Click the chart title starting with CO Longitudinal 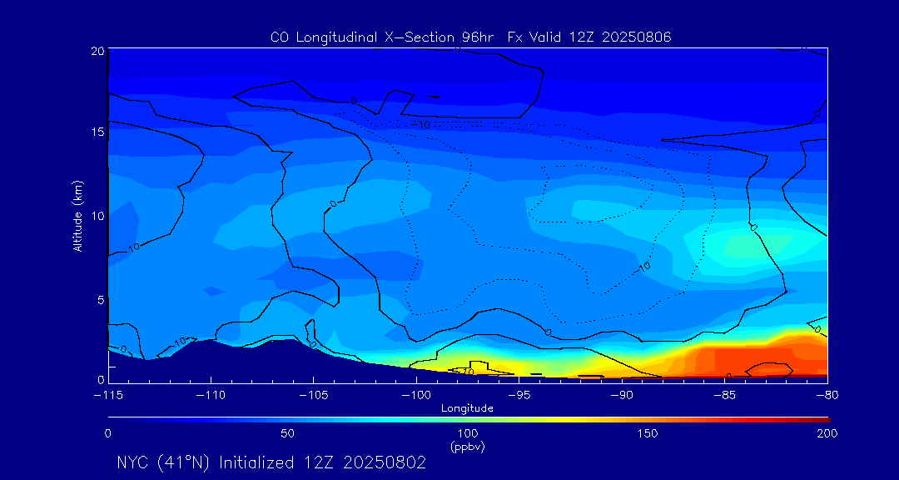[470, 37]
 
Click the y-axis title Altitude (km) [77, 216]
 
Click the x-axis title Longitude [467, 408]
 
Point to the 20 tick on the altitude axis [97, 51]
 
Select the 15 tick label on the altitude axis [97, 132]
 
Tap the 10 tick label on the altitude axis [97, 216]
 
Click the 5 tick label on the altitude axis [100, 299]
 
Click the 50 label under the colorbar [287, 433]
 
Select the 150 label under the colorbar [647, 433]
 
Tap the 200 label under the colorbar [827, 433]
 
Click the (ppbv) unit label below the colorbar [467, 447]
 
